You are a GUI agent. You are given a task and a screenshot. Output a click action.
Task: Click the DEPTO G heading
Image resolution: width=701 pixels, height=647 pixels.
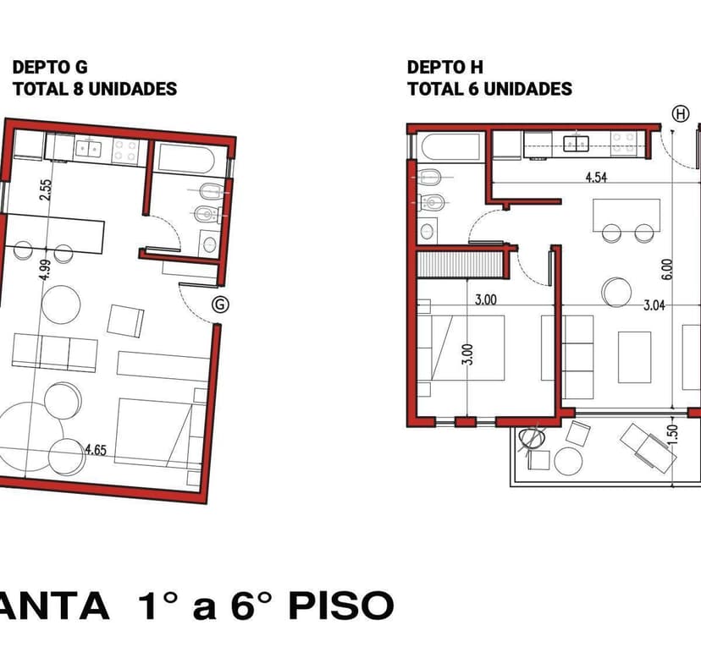[50, 67]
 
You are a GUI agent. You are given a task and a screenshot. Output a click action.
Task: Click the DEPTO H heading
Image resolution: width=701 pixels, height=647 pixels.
[444, 67]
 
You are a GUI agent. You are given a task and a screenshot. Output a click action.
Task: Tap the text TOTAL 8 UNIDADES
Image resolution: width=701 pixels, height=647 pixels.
[95, 89]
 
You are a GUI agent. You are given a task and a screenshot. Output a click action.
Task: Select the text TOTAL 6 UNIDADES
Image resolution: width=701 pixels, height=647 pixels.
[489, 89]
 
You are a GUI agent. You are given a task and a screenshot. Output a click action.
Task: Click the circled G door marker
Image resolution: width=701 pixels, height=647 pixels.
[220, 304]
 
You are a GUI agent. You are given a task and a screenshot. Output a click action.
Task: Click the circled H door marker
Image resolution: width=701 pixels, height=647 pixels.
[681, 114]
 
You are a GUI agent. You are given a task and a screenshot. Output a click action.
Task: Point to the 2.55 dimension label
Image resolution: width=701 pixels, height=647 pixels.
[47, 189]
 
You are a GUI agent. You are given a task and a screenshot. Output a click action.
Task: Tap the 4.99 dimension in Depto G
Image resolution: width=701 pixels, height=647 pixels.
[45, 270]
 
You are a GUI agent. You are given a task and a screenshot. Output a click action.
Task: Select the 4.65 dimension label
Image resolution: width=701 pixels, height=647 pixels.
[96, 450]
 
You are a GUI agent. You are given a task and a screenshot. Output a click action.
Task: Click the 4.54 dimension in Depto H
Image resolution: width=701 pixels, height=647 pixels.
[596, 178]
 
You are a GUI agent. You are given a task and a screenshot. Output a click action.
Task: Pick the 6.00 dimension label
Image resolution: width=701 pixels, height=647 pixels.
[667, 269]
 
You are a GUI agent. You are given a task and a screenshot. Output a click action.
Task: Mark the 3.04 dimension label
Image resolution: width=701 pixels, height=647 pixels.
[654, 305]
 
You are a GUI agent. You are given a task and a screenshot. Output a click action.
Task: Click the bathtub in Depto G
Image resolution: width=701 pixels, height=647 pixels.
[186, 158]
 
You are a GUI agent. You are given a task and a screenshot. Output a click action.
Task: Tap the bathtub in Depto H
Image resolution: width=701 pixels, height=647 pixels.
[450, 147]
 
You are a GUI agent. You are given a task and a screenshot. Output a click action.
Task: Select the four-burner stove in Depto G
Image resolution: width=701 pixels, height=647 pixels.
[125, 150]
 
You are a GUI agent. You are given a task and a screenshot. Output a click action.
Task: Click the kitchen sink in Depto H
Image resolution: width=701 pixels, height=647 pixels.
[576, 143]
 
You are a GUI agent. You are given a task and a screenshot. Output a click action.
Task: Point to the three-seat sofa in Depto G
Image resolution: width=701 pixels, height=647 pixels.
[54, 353]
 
